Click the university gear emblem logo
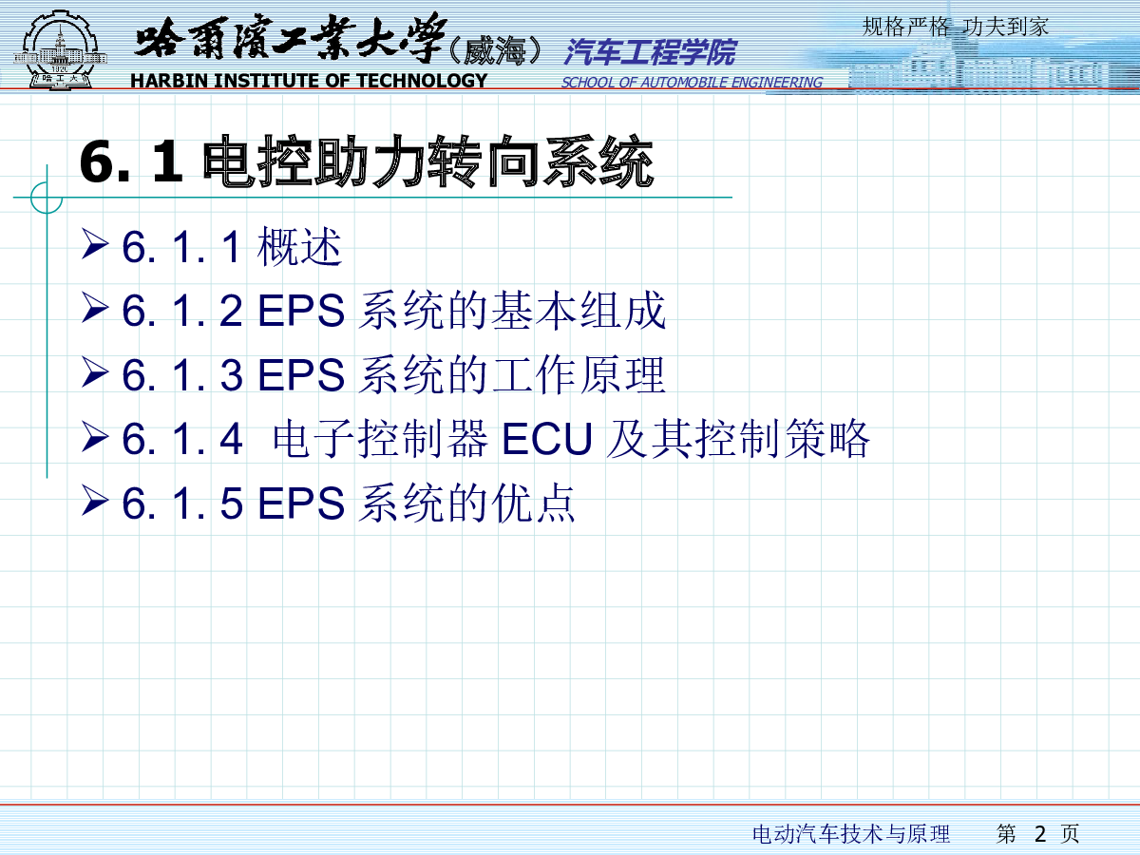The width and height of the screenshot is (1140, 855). (59, 49)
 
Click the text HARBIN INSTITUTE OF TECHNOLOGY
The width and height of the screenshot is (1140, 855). (309, 81)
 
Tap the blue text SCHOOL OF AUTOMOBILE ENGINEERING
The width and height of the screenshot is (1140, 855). (692, 83)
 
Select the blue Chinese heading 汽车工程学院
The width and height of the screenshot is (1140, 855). (650, 52)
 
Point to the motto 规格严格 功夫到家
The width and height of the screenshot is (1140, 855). (956, 27)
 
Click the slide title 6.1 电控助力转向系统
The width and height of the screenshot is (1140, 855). (366, 161)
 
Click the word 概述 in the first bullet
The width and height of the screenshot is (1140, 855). (299, 247)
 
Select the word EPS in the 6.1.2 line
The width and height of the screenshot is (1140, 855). (301, 311)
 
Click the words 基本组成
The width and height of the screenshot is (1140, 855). (578, 311)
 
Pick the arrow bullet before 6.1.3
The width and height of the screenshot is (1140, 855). (95, 372)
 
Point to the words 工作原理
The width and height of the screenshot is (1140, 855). (578, 375)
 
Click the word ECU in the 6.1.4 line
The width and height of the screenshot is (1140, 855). (547, 439)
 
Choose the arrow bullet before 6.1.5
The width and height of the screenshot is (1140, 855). (95, 501)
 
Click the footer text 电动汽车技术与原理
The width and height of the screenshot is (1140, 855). (851, 834)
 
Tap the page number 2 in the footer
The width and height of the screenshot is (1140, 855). (1039, 834)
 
